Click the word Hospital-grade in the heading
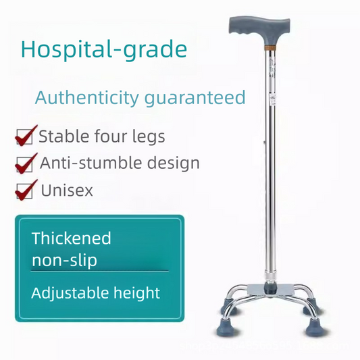pos(104,49)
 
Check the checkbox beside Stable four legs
pos(25,136)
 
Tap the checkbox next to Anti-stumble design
pos(25,163)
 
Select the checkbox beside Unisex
pos(25,190)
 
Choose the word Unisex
pos(67,190)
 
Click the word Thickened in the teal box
pos(72,238)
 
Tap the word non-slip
pos(64,259)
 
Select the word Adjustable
pos(68,292)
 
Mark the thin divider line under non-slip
pos(100,271)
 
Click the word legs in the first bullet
pos(149,136)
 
